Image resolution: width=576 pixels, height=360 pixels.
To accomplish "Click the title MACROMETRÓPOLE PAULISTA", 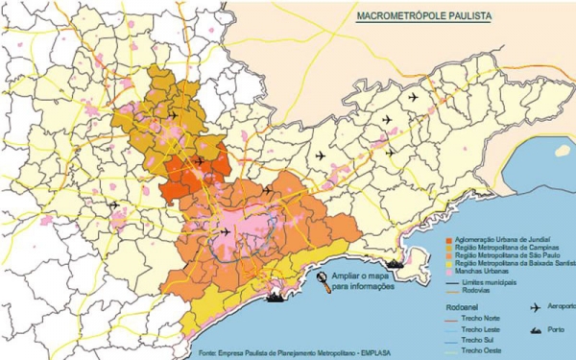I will [418, 17].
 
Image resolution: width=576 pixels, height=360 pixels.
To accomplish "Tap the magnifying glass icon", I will [322, 279].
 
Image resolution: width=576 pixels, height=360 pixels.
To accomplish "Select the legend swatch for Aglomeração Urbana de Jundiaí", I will [449, 236].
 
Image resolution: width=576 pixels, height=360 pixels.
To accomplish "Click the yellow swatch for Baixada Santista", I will [449, 262].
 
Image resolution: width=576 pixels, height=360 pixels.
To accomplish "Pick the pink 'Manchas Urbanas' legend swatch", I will [449, 271].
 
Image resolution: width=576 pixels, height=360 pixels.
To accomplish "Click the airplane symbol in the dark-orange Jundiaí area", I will [198, 160].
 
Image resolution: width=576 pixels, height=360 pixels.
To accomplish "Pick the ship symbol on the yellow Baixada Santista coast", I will [277, 296].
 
